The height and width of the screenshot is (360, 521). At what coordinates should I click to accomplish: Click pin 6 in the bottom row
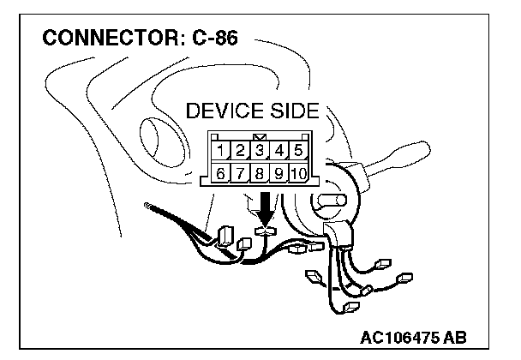tap(221, 174)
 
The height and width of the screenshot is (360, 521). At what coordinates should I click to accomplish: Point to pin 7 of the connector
tap(241, 174)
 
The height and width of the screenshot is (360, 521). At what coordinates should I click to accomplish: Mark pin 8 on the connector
tap(260, 174)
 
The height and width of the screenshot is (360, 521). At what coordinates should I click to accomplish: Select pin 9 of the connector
tap(279, 174)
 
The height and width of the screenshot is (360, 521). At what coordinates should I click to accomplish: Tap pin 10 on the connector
tap(298, 174)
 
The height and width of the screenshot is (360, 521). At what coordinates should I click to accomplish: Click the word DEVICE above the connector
tap(225, 112)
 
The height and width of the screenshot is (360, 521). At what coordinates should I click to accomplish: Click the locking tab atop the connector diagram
tap(260, 136)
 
